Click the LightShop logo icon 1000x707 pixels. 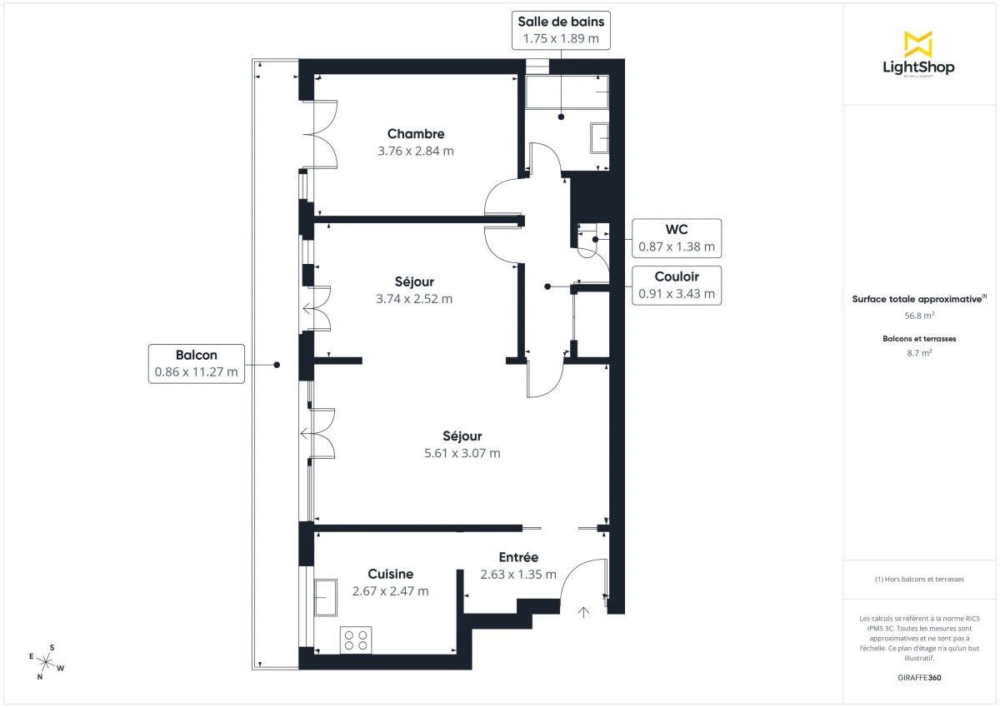(x=918, y=44)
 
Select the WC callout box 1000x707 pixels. (x=677, y=238)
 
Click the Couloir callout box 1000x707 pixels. (x=677, y=285)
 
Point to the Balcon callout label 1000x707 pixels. (x=197, y=363)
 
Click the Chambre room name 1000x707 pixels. (x=416, y=134)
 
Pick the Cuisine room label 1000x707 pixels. (x=390, y=574)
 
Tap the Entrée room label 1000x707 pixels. (x=518, y=557)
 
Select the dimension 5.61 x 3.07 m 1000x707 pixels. (x=462, y=453)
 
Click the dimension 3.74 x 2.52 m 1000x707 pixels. (x=415, y=299)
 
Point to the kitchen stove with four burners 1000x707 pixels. (x=357, y=640)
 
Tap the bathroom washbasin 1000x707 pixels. (x=600, y=138)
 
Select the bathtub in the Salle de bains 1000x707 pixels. (x=567, y=92)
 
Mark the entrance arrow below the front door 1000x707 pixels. (x=583, y=613)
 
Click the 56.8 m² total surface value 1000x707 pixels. (x=919, y=316)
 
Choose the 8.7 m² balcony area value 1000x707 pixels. (x=919, y=353)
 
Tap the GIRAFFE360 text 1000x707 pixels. (x=919, y=678)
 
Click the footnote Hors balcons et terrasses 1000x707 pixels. (x=919, y=579)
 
